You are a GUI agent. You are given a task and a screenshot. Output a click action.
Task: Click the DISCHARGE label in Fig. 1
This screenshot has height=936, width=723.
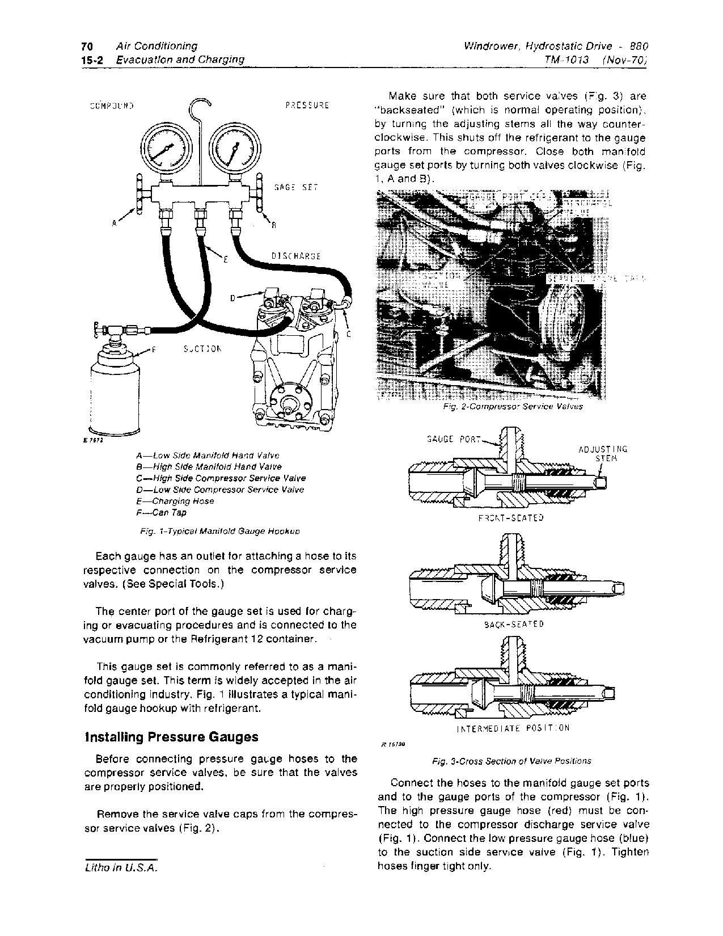(295, 256)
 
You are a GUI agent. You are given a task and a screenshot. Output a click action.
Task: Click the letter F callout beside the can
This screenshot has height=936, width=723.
(154, 350)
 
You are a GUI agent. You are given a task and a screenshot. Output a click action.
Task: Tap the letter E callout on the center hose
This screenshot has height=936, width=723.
(225, 260)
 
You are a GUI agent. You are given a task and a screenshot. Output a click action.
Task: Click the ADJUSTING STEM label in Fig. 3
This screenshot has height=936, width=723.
(602, 454)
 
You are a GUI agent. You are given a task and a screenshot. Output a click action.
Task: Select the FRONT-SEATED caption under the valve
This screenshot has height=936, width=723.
(511, 518)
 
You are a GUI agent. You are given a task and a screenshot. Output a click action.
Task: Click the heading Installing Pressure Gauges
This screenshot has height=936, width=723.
(171, 737)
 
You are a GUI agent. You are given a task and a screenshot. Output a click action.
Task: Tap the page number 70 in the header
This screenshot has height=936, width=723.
(87, 46)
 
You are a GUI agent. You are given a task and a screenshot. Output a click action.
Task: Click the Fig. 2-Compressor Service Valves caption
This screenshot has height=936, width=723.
(513, 407)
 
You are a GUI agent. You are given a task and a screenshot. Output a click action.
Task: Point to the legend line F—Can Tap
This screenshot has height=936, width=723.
(162, 513)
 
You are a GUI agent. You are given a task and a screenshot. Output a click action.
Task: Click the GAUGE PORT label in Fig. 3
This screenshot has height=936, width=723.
(453, 439)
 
